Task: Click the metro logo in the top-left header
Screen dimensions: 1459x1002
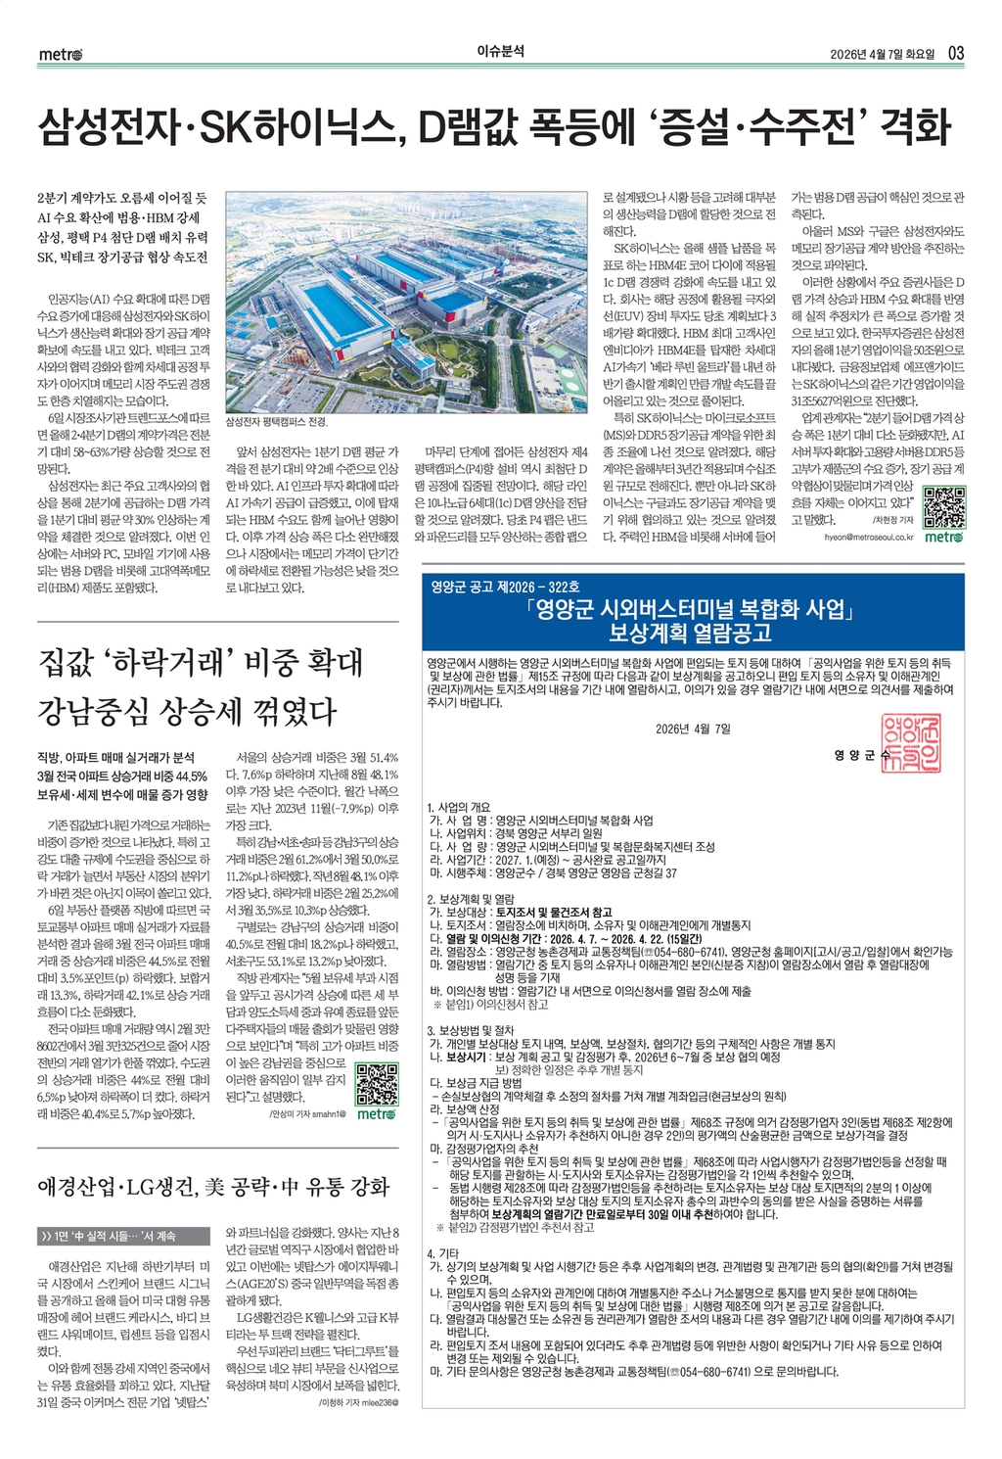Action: (61, 54)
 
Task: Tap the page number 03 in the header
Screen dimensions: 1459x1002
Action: (956, 53)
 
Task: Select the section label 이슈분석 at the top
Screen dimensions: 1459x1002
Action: (500, 52)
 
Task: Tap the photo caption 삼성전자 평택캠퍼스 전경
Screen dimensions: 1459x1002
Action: (277, 422)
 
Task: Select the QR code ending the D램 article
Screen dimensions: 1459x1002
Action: (942, 506)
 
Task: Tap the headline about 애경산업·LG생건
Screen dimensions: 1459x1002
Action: (213, 1187)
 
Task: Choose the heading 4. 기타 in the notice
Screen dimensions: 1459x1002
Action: (443, 1253)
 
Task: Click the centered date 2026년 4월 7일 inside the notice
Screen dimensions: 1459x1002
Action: (693, 728)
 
